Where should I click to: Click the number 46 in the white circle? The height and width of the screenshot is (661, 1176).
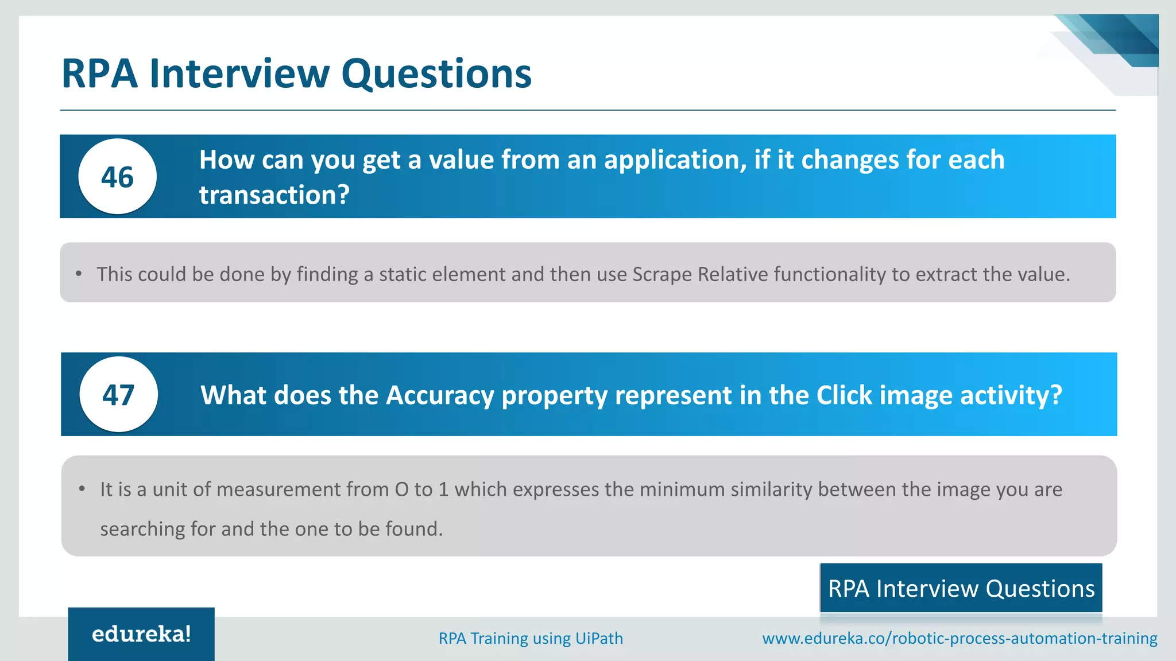tap(117, 177)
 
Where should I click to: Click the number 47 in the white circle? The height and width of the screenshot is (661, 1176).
tap(118, 395)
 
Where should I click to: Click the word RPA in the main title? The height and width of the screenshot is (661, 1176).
tap(99, 73)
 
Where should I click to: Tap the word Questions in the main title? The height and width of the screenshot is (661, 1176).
tap(436, 73)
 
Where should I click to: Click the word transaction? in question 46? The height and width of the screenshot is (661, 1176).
tap(274, 195)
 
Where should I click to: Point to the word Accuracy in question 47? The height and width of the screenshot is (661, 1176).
tap(440, 395)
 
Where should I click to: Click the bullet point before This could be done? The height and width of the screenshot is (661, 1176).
tap(79, 274)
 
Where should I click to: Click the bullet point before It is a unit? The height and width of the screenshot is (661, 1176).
tap(82, 489)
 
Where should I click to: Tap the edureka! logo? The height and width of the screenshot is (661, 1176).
tap(141, 634)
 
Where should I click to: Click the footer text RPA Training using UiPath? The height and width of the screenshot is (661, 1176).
tap(531, 639)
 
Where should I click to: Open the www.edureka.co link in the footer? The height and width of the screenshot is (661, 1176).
tap(959, 639)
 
